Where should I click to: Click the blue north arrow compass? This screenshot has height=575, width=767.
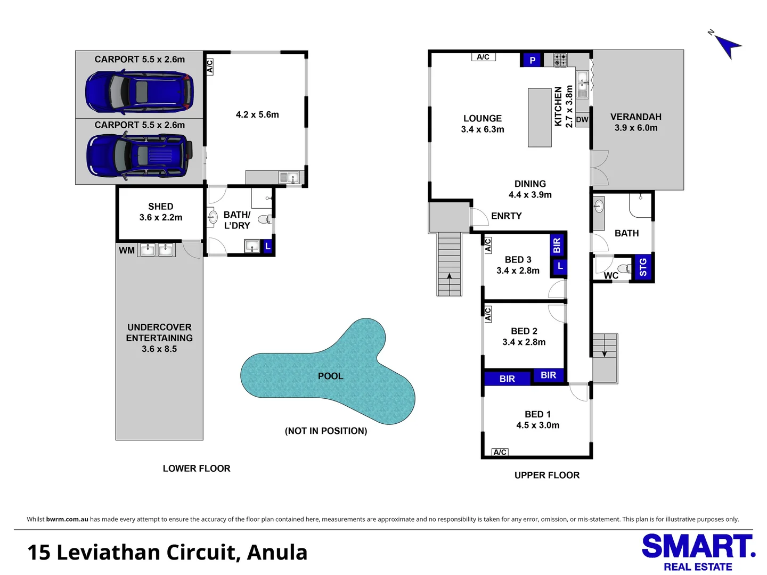pos(727,45)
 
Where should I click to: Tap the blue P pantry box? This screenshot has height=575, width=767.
pos(532,60)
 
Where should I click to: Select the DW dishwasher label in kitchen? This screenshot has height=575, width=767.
pos(582,120)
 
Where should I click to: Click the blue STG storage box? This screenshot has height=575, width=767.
pos(643,267)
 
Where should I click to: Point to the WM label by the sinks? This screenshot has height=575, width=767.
pos(127,250)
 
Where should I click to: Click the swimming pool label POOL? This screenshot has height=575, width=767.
pos(330,376)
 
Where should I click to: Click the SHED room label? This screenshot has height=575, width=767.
pos(160,207)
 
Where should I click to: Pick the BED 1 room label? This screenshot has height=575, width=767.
pos(537,414)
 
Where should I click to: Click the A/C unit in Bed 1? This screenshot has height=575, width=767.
pos(500,452)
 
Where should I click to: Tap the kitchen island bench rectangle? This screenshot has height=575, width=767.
pos(540,118)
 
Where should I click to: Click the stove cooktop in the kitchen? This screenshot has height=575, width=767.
pos(560,60)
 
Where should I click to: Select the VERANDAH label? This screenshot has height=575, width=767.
pos(635,117)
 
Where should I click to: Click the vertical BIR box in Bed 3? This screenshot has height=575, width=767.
pos(557,245)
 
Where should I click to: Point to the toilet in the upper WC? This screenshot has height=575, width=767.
pos(624,268)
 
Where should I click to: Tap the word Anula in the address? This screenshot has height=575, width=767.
pos(277,553)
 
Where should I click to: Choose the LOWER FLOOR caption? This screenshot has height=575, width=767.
pos(197,469)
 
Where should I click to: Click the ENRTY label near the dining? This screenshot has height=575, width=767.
pos(506,216)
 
